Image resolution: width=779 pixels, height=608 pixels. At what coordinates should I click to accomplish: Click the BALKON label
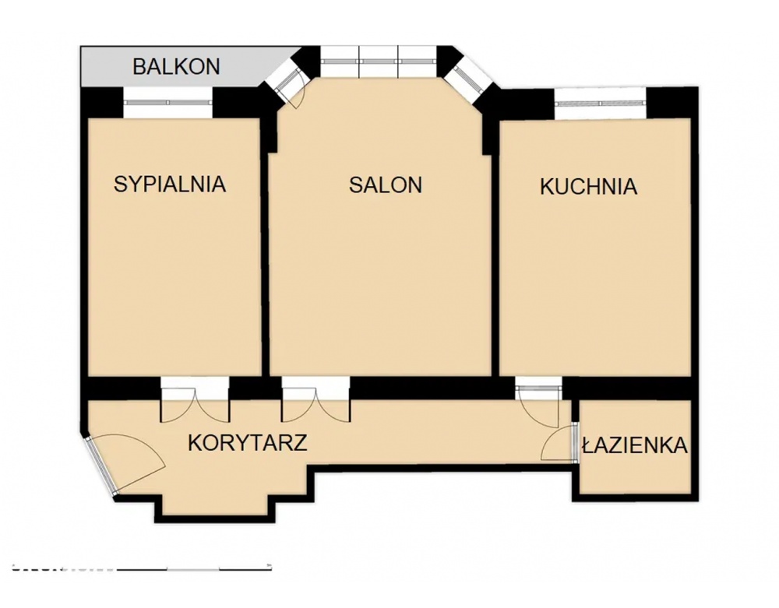[176, 66]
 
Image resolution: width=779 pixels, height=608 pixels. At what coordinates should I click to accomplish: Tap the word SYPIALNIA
[170, 185]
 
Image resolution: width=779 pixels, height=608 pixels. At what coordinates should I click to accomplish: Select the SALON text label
[386, 185]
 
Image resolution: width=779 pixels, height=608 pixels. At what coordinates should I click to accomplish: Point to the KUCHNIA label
[588, 187]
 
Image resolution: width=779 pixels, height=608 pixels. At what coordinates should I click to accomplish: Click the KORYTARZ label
[248, 442]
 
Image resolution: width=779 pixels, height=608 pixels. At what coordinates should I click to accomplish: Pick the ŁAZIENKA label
[636, 445]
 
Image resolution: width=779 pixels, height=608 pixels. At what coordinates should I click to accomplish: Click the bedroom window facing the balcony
[168, 102]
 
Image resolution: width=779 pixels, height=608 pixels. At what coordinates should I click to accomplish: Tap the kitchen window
[601, 104]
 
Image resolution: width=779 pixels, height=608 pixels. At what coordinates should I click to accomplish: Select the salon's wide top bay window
[379, 61]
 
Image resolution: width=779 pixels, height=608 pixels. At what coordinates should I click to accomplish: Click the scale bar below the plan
[142, 566]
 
